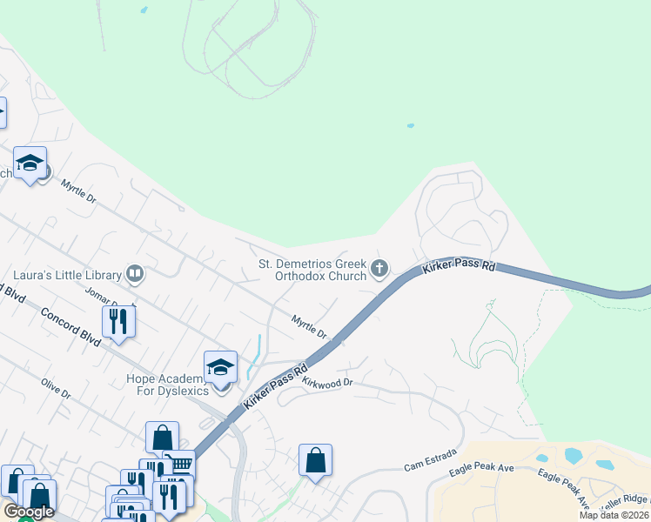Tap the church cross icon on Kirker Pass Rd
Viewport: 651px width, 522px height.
[x=379, y=270]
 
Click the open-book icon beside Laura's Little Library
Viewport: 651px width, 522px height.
[x=134, y=275]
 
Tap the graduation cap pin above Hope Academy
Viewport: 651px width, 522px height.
[x=221, y=367]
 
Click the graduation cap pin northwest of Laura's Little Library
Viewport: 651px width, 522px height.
[x=30, y=163]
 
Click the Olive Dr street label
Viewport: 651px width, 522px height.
[x=56, y=388]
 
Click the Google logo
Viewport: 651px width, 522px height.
[x=28, y=512]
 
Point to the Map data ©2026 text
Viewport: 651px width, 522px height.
[x=614, y=515]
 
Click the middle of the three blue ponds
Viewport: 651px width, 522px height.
[x=573, y=454]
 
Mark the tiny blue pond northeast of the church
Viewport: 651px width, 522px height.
[x=410, y=125]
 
